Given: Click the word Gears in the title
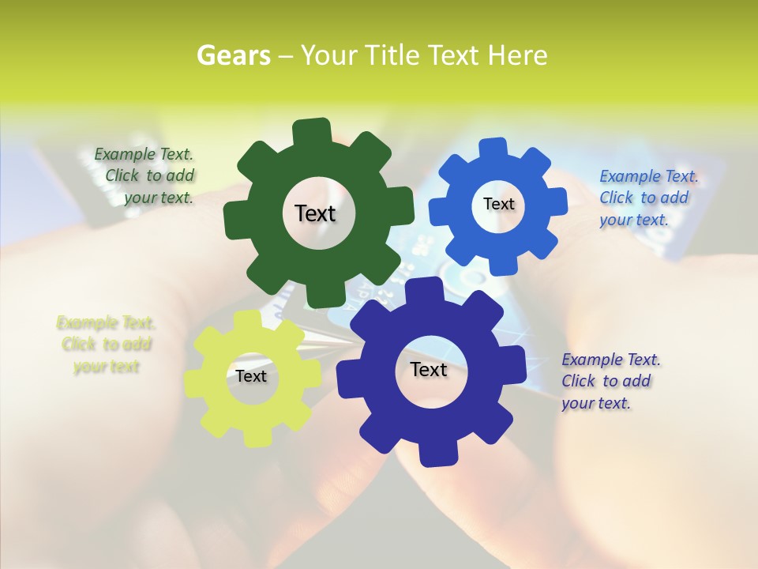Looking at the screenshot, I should point(233,55).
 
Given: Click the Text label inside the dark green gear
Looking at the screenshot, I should point(315,213).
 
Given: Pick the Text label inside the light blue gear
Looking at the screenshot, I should point(498,204).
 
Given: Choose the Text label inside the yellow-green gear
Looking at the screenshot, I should point(251,376).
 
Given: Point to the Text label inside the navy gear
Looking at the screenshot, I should point(429,370).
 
